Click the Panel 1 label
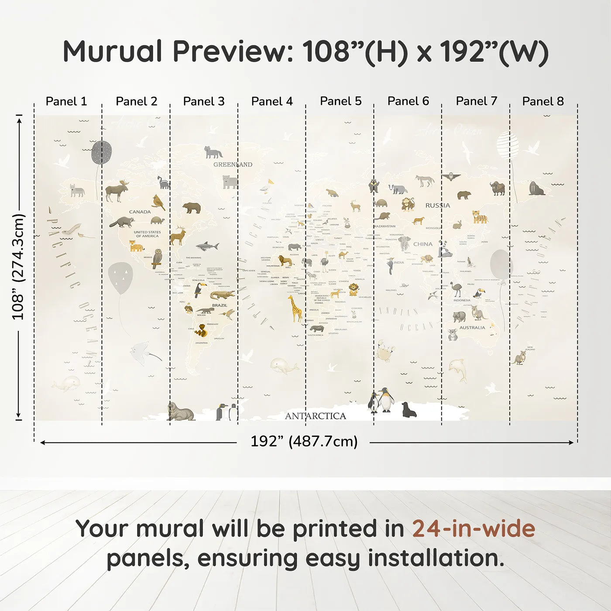coord(66,101)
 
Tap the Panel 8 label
coord(543,101)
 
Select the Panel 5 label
coord(340,101)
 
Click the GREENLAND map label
coord(233,165)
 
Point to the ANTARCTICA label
coord(315,416)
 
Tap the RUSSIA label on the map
coord(437,205)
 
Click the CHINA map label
coord(422,244)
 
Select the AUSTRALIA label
coord(472,327)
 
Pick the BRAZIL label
coord(220,305)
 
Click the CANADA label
coord(140,212)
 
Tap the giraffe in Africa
coord(295,308)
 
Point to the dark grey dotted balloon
coord(101,152)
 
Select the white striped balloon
coord(508,145)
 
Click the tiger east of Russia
coord(480,217)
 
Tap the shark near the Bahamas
coord(207,246)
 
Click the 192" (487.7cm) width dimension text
coord(304,441)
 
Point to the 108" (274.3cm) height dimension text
coord(18,267)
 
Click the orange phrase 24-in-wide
coord(474,529)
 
